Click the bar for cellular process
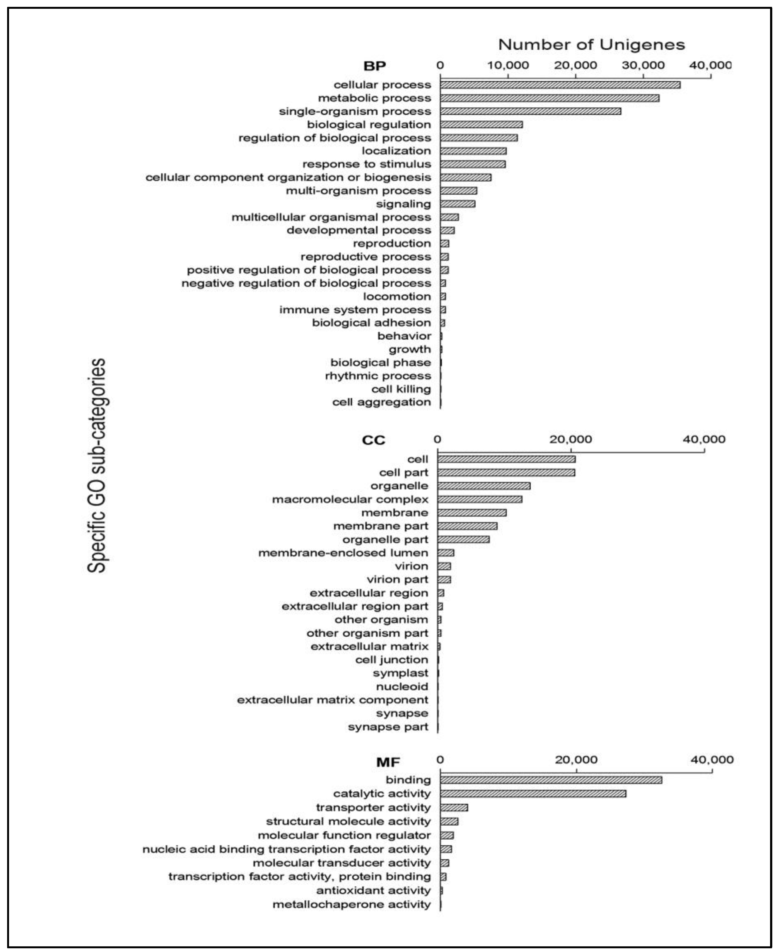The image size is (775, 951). (560, 85)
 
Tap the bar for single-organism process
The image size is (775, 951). (530, 111)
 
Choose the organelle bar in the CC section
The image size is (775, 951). (484, 486)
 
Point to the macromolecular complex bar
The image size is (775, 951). (480, 499)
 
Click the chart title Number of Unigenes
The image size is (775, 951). (591, 45)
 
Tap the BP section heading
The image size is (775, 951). (374, 66)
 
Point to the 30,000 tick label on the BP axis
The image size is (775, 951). (643, 65)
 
